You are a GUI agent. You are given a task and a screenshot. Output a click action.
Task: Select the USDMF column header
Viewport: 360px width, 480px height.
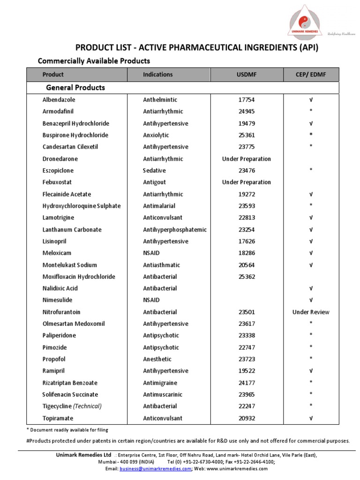247,75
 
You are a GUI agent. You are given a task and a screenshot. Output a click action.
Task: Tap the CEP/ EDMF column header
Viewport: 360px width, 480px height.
311,75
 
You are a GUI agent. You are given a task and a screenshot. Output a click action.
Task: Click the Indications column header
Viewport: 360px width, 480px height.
157,75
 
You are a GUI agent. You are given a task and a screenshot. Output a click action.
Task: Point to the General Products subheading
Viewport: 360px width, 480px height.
75,88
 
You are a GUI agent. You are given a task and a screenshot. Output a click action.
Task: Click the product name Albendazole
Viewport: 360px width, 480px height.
59,100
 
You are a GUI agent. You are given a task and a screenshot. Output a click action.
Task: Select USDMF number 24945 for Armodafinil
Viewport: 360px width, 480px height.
247,112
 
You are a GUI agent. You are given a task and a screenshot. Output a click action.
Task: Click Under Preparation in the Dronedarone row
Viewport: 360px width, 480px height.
247,159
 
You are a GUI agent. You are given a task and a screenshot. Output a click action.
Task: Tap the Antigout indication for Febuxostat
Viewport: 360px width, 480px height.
154,182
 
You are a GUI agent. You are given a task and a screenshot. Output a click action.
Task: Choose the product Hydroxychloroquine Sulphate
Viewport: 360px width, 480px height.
81,206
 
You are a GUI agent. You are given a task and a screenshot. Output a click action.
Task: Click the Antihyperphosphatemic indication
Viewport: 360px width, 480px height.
174,230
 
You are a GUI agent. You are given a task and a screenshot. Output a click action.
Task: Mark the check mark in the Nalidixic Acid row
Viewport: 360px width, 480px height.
311,288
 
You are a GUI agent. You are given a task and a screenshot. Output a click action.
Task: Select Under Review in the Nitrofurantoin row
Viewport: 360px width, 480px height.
311,312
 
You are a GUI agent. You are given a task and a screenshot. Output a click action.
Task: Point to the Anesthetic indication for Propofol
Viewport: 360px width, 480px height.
157,359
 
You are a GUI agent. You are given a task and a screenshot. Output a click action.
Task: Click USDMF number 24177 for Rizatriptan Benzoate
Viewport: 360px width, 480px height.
247,382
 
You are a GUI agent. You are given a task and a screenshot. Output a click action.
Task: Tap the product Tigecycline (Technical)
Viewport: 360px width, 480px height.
72,406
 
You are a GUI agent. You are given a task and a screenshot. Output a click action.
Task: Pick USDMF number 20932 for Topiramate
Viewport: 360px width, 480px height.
247,418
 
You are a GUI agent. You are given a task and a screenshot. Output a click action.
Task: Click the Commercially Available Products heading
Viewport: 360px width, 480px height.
94,61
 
